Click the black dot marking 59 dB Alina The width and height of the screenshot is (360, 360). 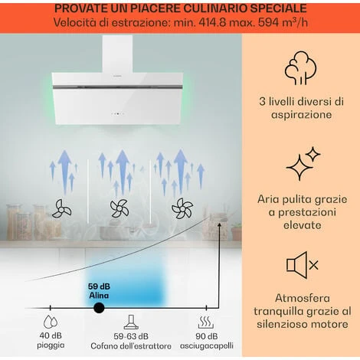99,308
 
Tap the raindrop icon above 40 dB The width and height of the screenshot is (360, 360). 51,322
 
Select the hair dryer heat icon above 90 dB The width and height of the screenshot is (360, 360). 205,322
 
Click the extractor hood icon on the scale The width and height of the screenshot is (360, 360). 131,322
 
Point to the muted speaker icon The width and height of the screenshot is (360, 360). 302,265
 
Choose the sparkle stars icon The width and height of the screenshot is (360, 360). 303,163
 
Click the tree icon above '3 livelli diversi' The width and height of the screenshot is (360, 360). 301,68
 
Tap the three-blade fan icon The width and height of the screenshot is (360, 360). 61,209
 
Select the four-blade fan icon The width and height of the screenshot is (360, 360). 119,208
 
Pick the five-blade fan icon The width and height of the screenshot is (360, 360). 182,208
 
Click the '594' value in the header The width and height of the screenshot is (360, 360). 267,23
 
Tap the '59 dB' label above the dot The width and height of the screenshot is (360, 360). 99,286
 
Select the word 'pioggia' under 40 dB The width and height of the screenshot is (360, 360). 51,345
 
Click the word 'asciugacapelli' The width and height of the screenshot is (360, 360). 207,346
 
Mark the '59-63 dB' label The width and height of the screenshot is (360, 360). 131,336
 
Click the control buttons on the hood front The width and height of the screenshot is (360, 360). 117,113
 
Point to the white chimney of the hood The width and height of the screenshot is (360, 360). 117,54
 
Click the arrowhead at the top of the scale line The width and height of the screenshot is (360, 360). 219,224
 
